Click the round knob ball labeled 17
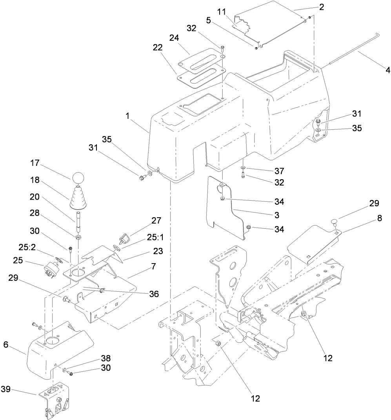[x=77, y=177]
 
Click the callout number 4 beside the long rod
[x=377, y=71]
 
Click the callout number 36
[x=153, y=293]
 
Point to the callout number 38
[x=105, y=358]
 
